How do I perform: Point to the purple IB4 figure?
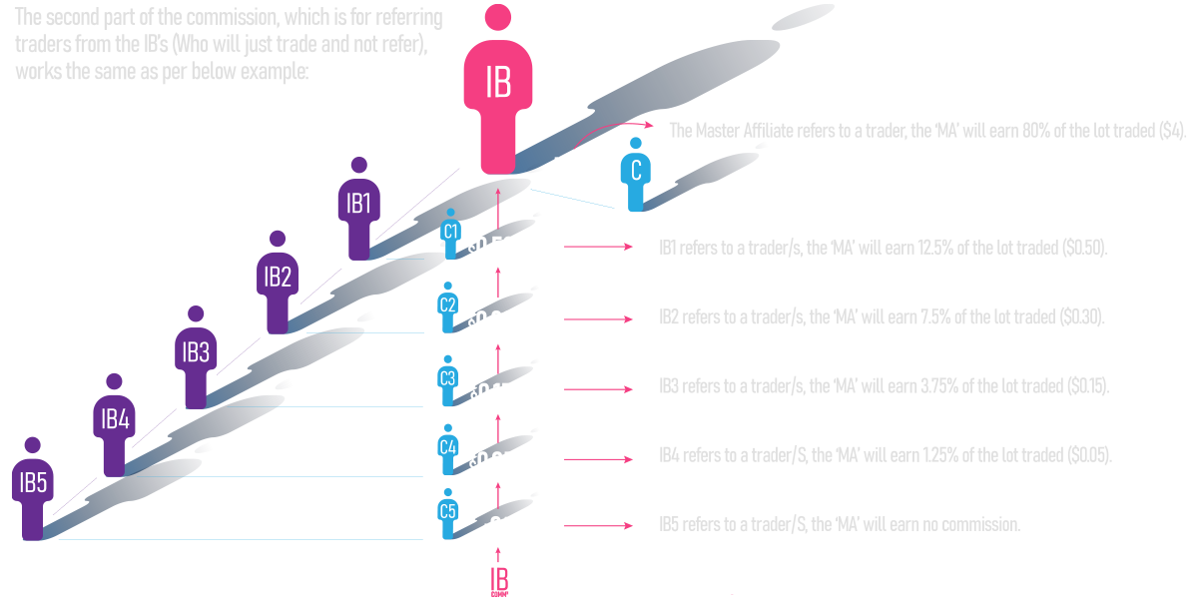(x=114, y=423)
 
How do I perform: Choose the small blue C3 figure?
(x=448, y=382)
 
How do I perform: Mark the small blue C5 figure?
(x=448, y=516)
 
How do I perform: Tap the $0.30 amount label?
(x=492, y=321)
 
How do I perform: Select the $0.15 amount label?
(x=493, y=395)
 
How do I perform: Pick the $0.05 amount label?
(x=492, y=463)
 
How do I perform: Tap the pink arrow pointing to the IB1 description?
(x=599, y=247)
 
